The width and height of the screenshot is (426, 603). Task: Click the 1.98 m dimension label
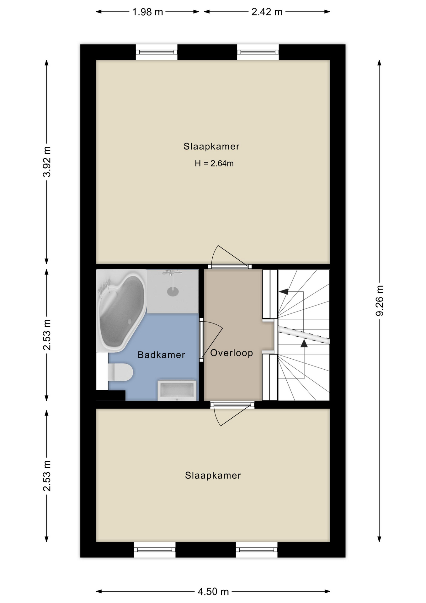[x=147, y=12]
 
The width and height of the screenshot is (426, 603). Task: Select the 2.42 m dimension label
[x=267, y=12]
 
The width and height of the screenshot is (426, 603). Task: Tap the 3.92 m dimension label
[x=47, y=161]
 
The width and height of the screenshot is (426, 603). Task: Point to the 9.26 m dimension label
[x=379, y=301]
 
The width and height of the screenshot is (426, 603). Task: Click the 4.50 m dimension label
[x=213, y=592]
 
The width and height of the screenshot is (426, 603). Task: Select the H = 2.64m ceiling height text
[x=214, y=163]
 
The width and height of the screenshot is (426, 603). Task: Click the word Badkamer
[x=161, y=355]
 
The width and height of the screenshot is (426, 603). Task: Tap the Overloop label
[x=232, y=353]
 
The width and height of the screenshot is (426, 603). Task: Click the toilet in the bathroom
[x=120, y=372]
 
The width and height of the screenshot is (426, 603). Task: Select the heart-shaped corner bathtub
[x=121, y=311]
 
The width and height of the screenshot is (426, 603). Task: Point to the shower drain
[x=173, y=291]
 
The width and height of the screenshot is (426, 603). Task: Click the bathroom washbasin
[x=177, y=390]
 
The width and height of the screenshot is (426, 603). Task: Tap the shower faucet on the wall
[x=172, y=272]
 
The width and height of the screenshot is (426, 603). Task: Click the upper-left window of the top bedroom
[x=157, y=52]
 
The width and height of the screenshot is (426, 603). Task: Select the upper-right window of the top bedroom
[x=258, y=52]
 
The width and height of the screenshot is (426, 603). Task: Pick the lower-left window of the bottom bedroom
[x=155, y=550]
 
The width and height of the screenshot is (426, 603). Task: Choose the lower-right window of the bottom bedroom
[x=257, y=550]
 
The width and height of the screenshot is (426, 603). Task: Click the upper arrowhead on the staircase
[x=284, y=291]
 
